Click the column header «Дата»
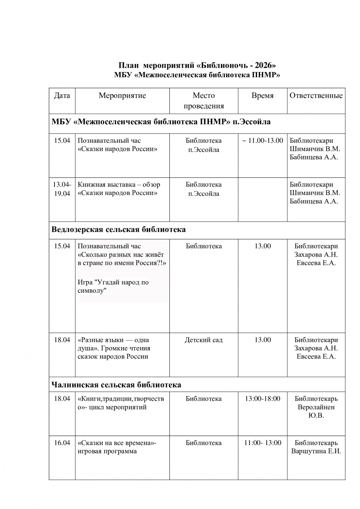pyautogui.click(x=62, y=95)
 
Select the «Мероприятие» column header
pyautogui.click(x=122, y=95)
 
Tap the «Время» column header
pyautogui.click(x=262, y=95)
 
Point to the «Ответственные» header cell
pyautogui.click(x=316, y=95)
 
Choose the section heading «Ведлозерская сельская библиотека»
pyautogui.click(x=118, y=230)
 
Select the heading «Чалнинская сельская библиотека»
pyautogui.click(x=116, y=385)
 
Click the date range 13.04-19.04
pyautogui.click(x=62, y=189)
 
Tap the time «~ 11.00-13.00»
pyautogui.click(x=262, y=141)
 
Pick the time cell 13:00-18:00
pyautogui.click(x=262, y=399)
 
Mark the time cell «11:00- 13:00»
pyautogui.click(x=262, y=443)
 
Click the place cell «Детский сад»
pyautogui.click(x=203, y=340)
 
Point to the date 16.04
pyautogui.click(x=62, y=443)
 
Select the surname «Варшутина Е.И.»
pyautogui.click(x=316, y=451)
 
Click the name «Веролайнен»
pyautogui.click(x=316, y=407)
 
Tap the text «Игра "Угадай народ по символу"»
pyautogui.click(x=113, y=286)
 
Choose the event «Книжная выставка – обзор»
pyautogui.click(x=119, y=185)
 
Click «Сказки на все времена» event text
pyautogui.click(x=116, y=443)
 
